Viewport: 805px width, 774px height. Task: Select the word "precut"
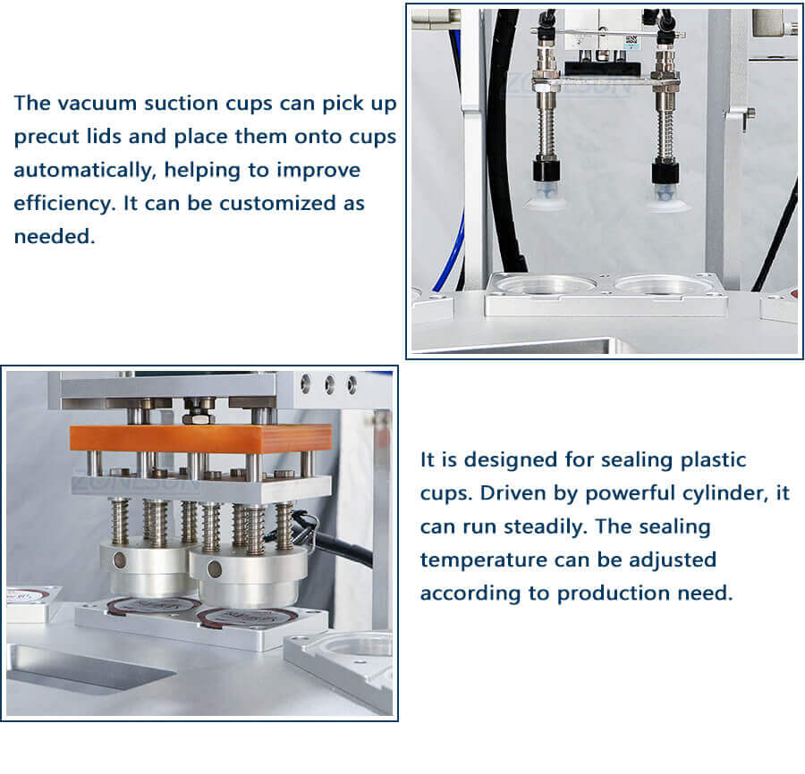(x=46, y=137)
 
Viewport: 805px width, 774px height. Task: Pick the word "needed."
(x=54, y=237)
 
